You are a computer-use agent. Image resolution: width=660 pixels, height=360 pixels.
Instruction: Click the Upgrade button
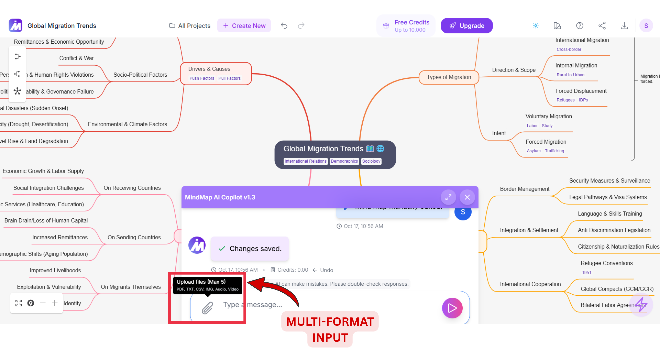(466, 26)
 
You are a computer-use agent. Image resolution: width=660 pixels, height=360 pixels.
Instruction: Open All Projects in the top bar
(190, 26)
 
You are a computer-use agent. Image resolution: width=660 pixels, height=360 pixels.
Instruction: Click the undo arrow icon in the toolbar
(284, 26)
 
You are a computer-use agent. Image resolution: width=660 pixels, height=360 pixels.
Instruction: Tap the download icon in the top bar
(624, 26)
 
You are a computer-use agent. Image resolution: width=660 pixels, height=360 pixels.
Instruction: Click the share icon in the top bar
(602, 26)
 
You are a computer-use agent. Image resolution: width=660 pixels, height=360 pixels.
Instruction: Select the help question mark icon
(580, 26)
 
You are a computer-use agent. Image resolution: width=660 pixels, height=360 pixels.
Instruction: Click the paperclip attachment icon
(207, 308)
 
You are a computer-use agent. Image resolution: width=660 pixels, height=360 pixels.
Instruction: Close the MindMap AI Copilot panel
(467, 197)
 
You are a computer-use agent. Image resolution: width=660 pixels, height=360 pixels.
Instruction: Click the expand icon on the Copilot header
(448, 197)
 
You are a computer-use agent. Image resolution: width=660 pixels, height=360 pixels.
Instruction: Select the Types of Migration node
(449, 77)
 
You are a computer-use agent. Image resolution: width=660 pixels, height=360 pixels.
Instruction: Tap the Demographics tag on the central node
(344, 161)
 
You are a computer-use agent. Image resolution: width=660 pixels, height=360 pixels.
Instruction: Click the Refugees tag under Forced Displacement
(565, 100)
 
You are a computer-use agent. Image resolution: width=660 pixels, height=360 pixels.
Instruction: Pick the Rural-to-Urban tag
(570, 75)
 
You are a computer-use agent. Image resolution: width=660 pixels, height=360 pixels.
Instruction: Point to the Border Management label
(524, 189)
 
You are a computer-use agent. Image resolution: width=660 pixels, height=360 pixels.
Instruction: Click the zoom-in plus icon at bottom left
(55, 303)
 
